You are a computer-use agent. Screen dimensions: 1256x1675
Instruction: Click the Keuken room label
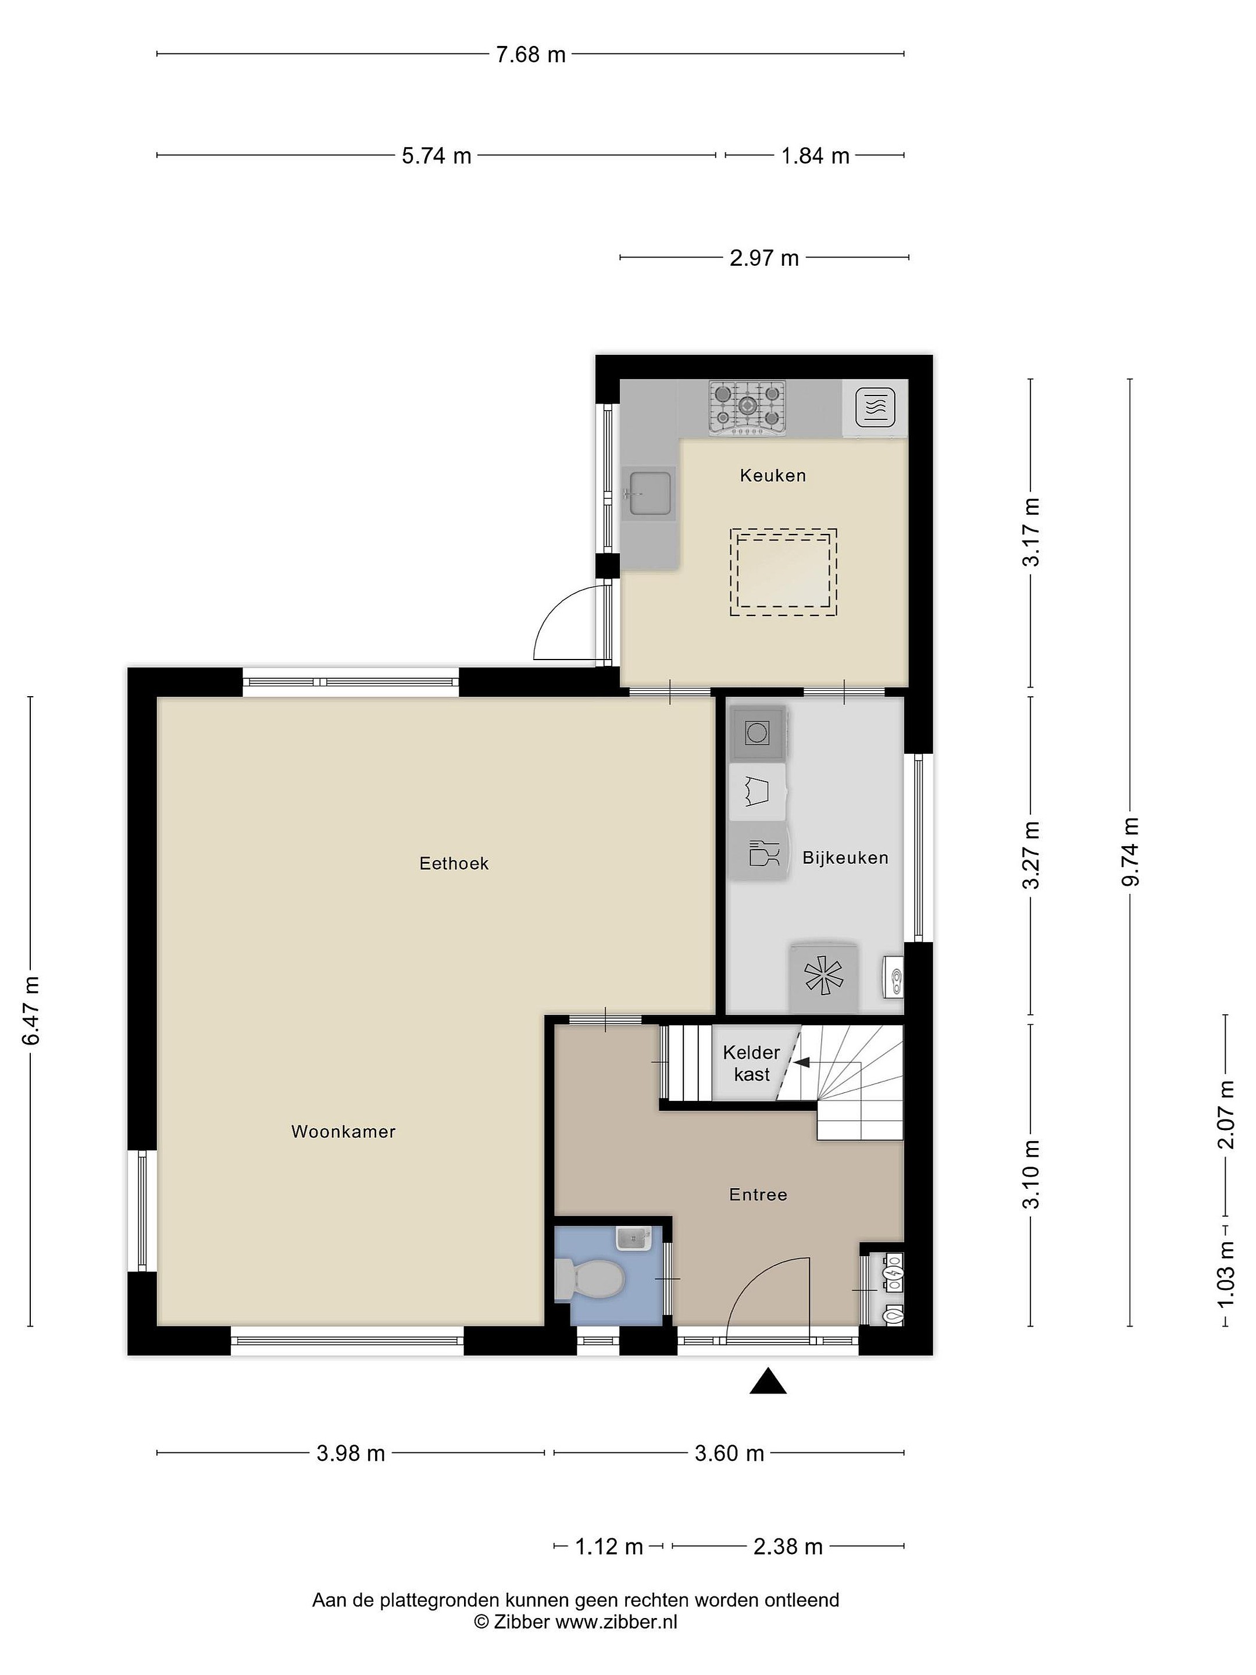[772, 476]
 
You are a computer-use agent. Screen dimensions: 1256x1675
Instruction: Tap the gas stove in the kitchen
[747, 407]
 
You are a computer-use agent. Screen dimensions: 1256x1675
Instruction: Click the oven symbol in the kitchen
[875, 409]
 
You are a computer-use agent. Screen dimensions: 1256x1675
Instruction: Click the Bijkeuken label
[845, 857]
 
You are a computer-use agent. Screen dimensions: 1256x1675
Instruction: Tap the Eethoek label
[454, 863]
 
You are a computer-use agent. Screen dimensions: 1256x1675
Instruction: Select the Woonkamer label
[344, 1131]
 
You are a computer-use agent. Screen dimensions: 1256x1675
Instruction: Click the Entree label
[758, 1194]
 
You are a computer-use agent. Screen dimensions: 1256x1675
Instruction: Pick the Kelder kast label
[751, 1063]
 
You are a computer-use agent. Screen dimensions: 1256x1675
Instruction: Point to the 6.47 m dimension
[30, 1010]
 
